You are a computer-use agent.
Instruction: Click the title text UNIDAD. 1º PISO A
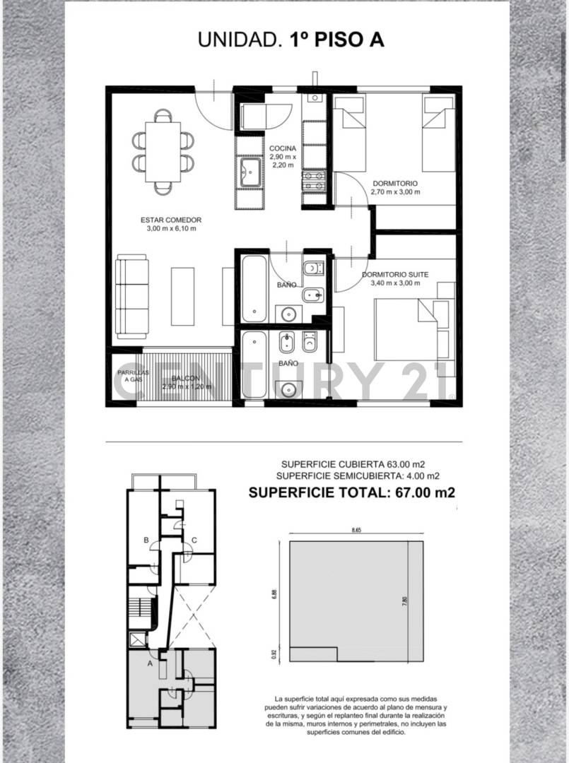(291, 40)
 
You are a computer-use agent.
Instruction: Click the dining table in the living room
(163, 151)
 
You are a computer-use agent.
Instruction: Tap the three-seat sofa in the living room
(131, 297)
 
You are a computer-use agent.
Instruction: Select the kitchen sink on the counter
(251, 172)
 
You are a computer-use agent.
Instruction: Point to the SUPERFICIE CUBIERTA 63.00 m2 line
(353, 464)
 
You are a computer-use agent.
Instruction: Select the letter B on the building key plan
(146, 540)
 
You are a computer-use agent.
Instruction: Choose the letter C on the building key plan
(194, 540)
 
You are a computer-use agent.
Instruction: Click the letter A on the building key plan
(150, 663)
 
